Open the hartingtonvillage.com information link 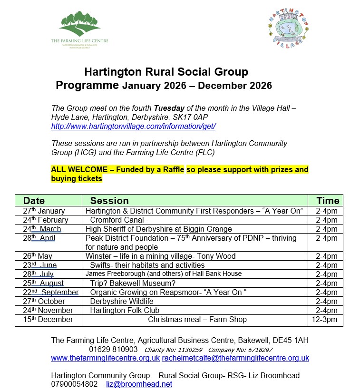[133, 127]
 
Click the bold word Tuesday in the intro [169, 108]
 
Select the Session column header [109, 200]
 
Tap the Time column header [328, 200]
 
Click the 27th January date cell [44, 211]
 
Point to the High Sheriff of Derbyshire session [158, 229]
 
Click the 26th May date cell [38, 256]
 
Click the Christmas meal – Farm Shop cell [197, 319]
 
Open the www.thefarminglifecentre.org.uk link [105, 358]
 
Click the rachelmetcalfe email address [235, 358]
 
